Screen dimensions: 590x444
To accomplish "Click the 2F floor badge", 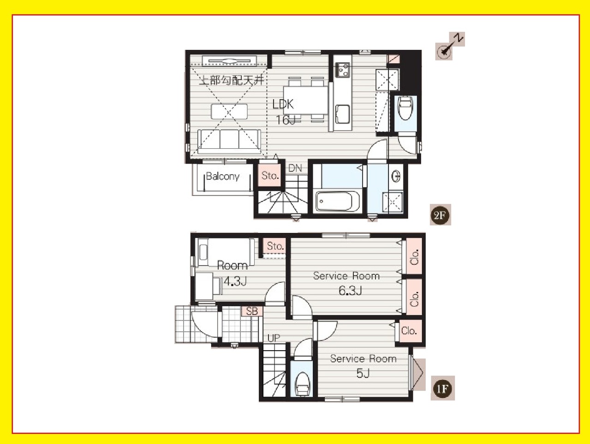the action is click(440, 215).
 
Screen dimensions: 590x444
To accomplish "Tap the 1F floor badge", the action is click(442, 389).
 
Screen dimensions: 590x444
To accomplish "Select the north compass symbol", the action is click(450, 46).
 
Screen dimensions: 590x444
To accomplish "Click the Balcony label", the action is click(222, 176).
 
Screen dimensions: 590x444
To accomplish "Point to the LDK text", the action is click(283, 104).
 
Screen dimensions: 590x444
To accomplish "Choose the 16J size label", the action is click(286, 120).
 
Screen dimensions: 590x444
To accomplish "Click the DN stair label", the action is click(295, 168).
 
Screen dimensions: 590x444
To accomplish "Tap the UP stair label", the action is click(274, 338).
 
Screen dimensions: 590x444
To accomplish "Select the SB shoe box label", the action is click(252, 311).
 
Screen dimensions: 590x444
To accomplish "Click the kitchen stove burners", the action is click(343, 70).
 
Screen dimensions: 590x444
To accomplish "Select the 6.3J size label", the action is click(351, 291).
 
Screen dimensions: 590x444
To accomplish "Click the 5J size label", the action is click(363, 373).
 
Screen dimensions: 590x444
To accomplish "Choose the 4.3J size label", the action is click(235, 282).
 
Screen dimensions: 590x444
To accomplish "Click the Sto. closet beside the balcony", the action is click(270, 176).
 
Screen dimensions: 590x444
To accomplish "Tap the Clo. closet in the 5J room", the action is click(409, 331).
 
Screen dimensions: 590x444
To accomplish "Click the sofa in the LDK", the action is click(229, 141).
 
